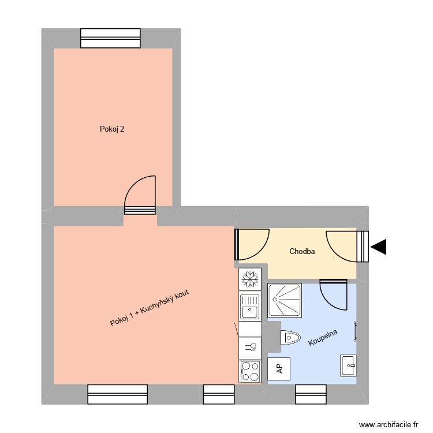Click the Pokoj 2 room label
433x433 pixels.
(112, 129)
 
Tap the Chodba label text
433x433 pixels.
(302, 251)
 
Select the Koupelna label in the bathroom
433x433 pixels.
(323, 338)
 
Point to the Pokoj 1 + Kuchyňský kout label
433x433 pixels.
(150, 308)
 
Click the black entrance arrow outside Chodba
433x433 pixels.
(379, 247)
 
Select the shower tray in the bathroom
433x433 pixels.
(285, 300)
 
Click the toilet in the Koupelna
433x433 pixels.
(290, 338)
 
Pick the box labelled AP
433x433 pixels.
(279, 368)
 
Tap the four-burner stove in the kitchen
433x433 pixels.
(250, 371)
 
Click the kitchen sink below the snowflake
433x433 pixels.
(250, 307)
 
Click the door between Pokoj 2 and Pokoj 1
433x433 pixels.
(140, 196)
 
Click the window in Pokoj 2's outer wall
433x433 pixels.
(111, 38)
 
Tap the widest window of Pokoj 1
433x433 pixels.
(111, 394)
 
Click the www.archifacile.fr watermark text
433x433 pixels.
(388, 424)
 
